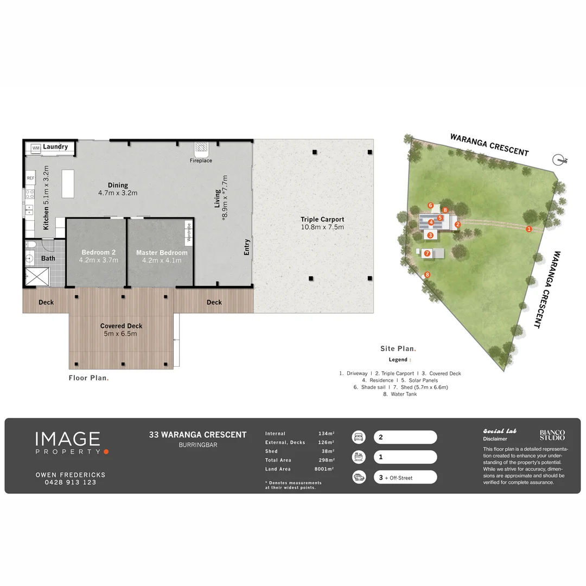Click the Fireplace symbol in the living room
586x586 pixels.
[201, 149]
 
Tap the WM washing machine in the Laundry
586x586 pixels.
[36, 148]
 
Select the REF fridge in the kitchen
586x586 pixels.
[30, 179]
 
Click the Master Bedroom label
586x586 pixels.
[162, 253]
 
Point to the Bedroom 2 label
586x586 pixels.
[99, 252]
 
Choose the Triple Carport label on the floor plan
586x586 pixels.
[322, 219]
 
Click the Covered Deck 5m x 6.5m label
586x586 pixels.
[121, 330]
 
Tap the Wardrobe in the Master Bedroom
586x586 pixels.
[189, 232]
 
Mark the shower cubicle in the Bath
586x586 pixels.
[37, 277]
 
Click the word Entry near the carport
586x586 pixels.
[247, 247]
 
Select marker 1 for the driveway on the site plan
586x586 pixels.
[528, 229]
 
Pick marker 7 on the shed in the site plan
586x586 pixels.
[427, 253]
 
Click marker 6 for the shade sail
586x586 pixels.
[430, 205]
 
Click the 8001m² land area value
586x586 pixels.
[324, 469]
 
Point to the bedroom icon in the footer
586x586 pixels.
[359, 437]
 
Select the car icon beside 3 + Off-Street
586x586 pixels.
[359, 477]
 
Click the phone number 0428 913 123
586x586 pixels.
[70, 482]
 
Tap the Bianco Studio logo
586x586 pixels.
[552, 435]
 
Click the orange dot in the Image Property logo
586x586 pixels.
[106, 452]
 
